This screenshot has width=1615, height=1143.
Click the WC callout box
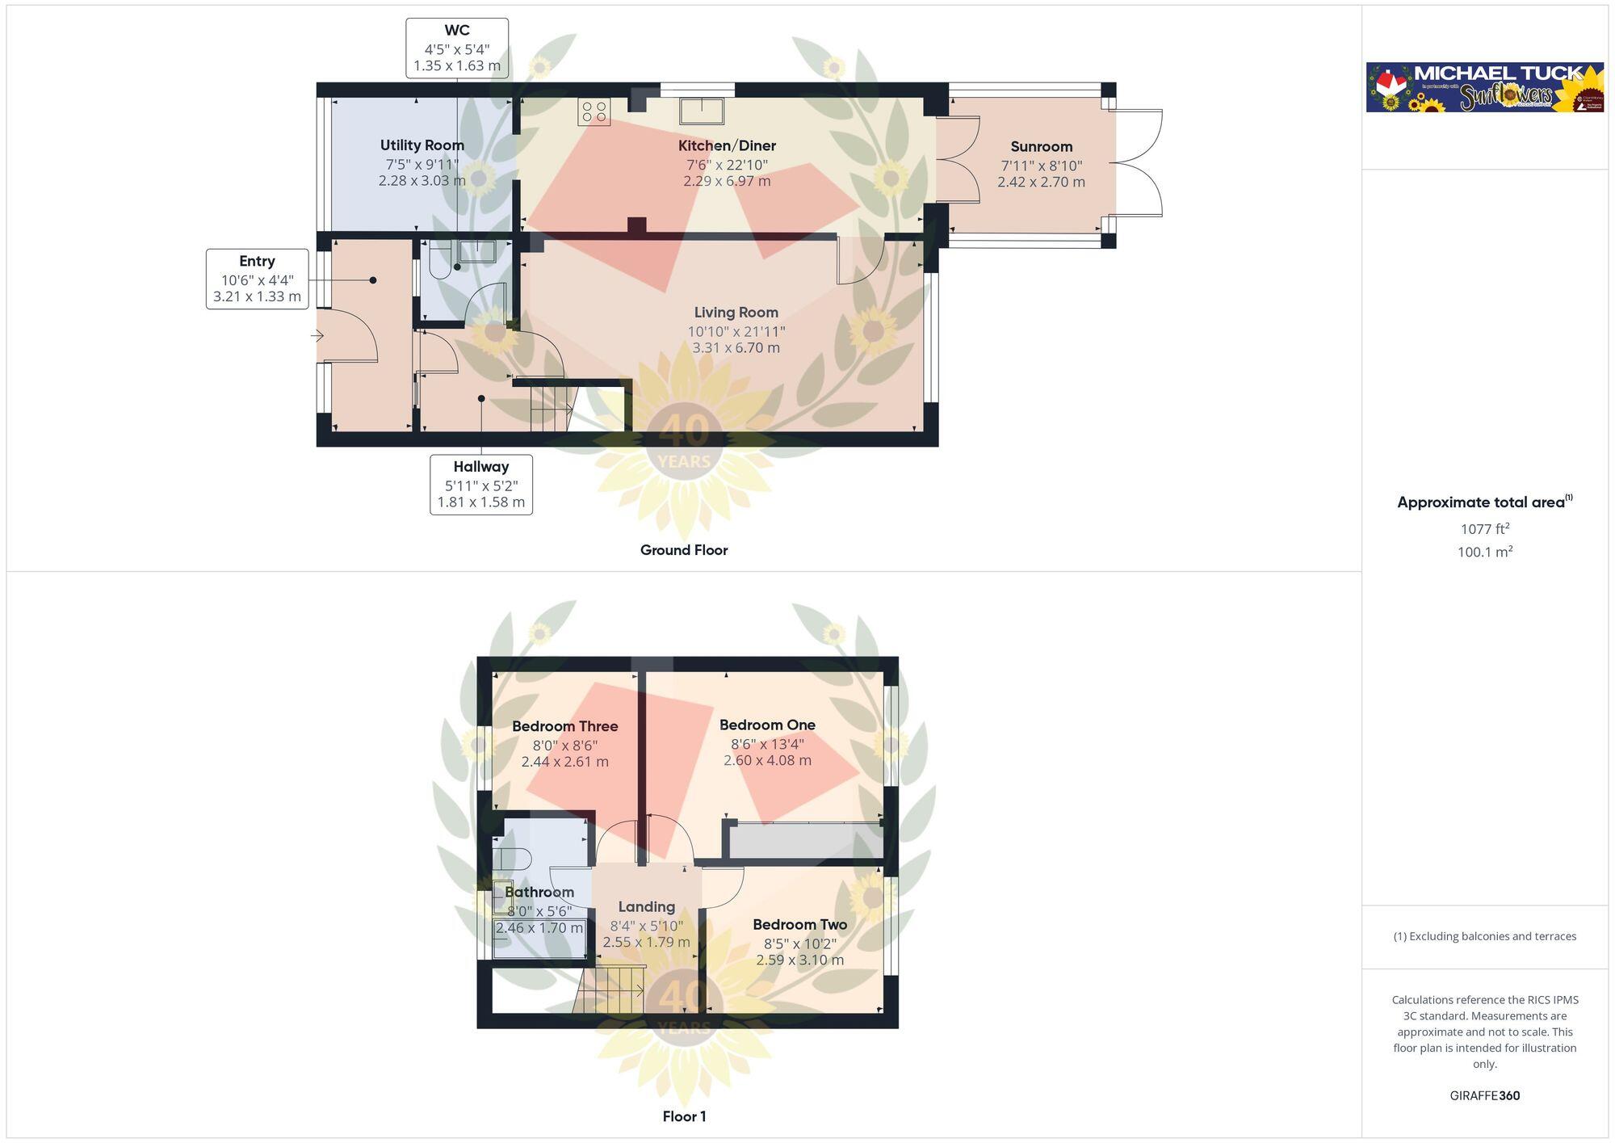pyautogui.click(x=457, y=48)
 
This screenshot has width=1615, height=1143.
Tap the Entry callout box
pyautogui.click(x=257, y=279)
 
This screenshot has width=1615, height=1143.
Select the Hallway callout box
pyautogui.click(x=481, y=485)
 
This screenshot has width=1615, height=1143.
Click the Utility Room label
pyautogui.click(x=422, y=145)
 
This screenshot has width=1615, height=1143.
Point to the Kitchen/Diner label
pyautogui.click(x=727, y=145)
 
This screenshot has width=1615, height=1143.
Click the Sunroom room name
pyautogui.click(x=1042, y=146)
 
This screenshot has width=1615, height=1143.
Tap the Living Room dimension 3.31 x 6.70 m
pyautogui.click(x=736, y=348)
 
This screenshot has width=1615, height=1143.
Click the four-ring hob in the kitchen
pyautogui.click(x=594, y=112)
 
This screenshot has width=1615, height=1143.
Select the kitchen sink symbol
pyautogui.click(x=701, y=110)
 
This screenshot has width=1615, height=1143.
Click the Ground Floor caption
pyautogui.click(x=684, y=550)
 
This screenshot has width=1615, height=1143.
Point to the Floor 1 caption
pyautogui.click(x=684, y=1116)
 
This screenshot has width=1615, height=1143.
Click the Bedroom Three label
pyautogui.click(x=565, y=726)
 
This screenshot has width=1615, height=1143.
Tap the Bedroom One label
pyautogui.click(x=767, y=725)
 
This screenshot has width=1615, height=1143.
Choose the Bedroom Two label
pyautogui.click(x=800, y=924)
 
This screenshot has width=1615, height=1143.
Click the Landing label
pyautogui.click(x=647, y=906)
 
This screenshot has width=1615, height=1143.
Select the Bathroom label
pyautogui.click(x=539, y=892)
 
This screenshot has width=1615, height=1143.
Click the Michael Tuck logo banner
pyautogui.click(x=1484, y=87)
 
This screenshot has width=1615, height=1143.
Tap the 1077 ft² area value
pyautogui.click(x=1485, y=529)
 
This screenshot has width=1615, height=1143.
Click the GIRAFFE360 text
pyautogui.click(x=1485, y=1095)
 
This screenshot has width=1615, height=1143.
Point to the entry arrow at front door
pyautogui.click(x=317, y=335)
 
